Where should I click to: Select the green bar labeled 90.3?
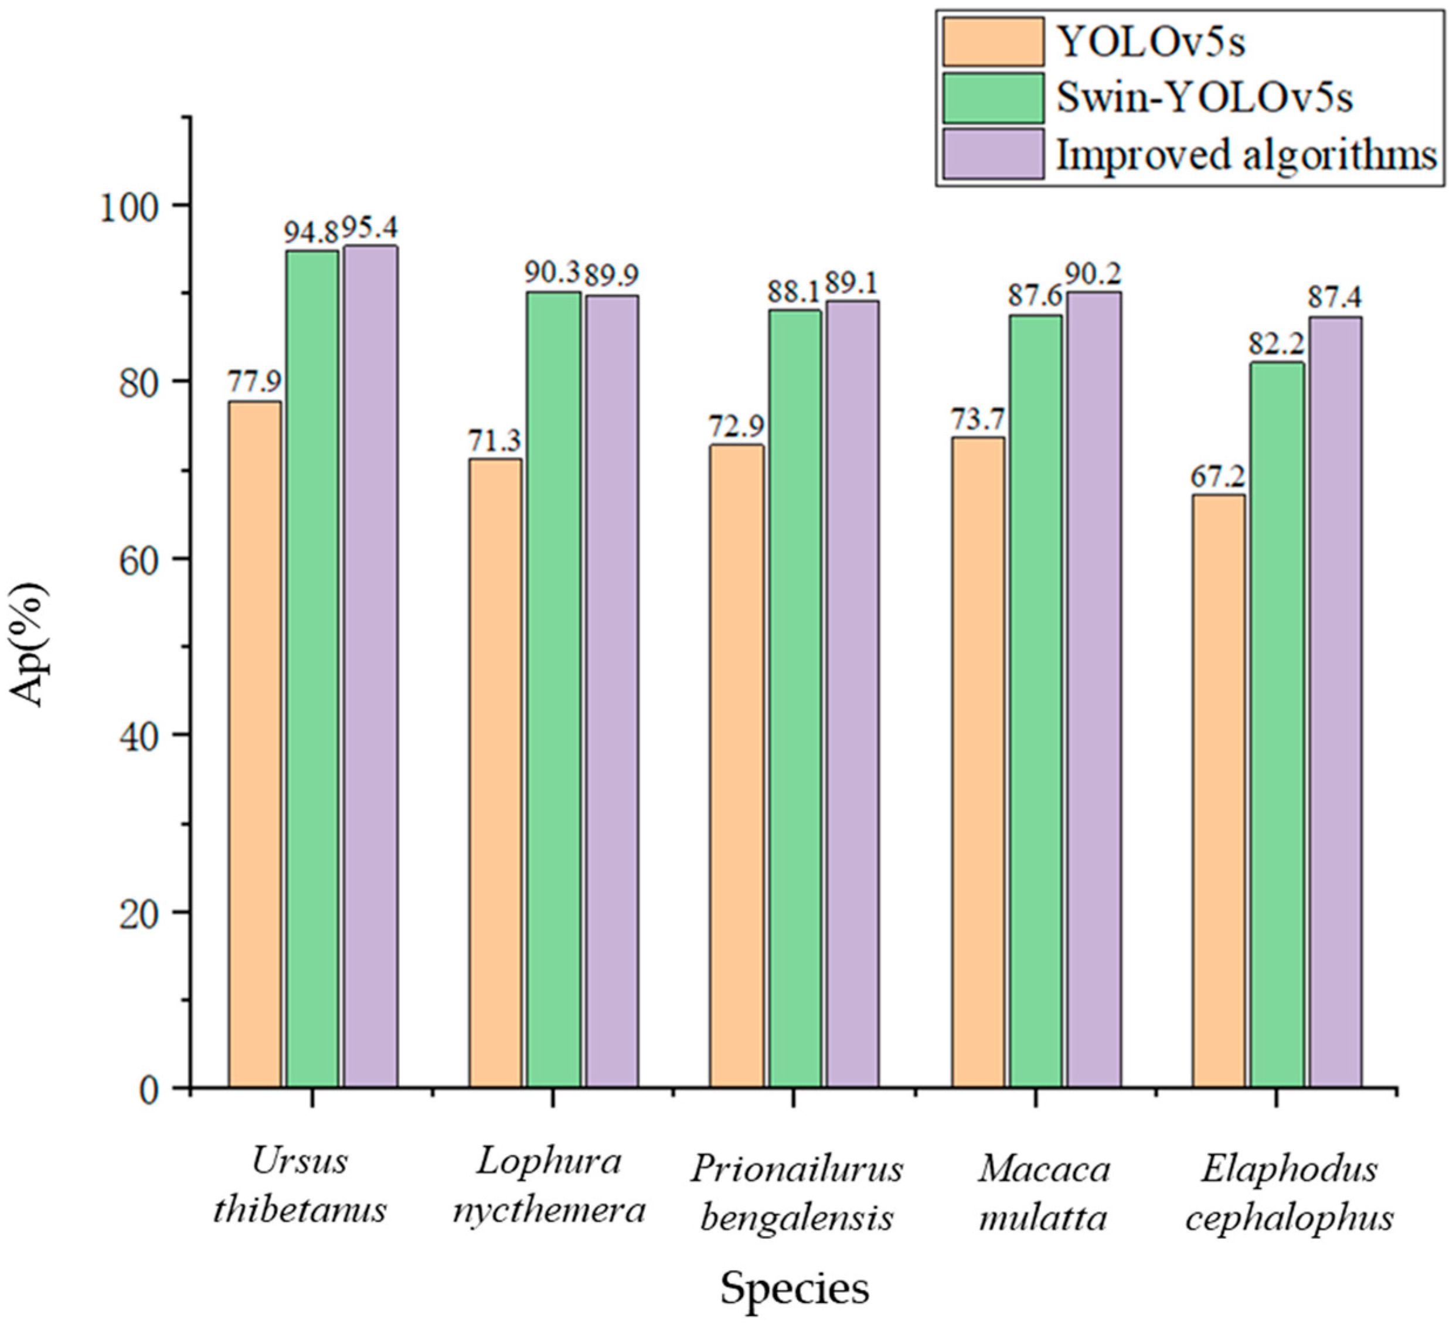click(553, 689)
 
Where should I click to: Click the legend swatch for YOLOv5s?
click(994, 42)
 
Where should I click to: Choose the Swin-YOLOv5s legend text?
click(1205, 98)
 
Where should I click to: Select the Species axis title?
click(794, 1288)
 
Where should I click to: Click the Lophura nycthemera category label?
click(549, 1186)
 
